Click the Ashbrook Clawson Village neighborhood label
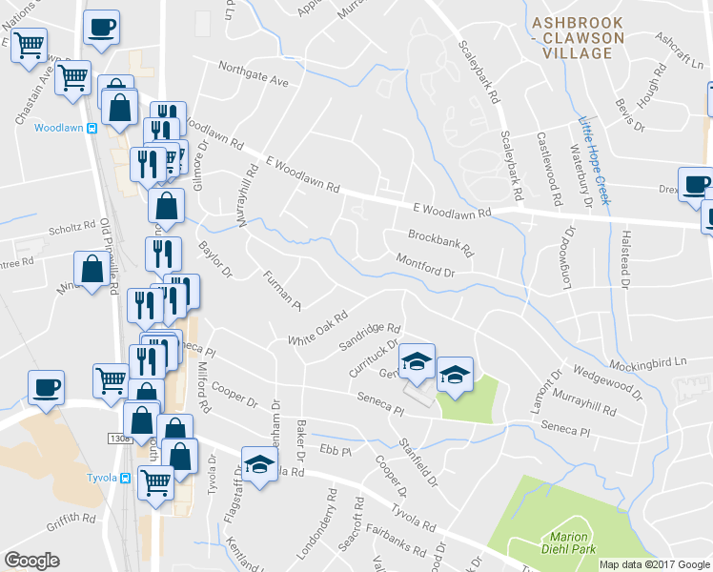click(578, 37)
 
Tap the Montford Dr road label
click(426, 266)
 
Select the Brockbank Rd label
click(440, 243)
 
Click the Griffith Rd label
click(70, 521)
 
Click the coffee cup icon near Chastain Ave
click(101, 27)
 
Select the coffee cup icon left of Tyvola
click(46, 386)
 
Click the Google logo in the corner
click(31, 561)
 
